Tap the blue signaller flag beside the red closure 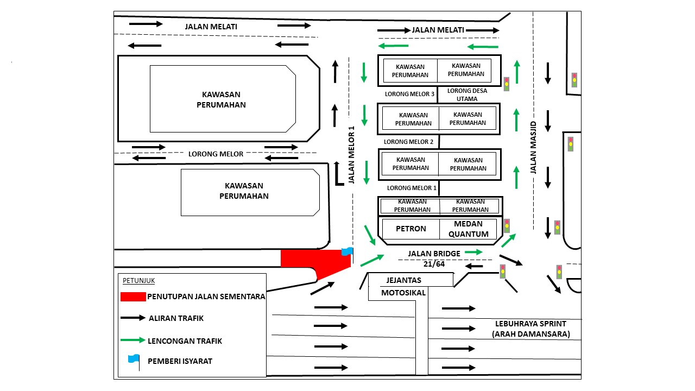pyautogui.click(x=347, y=251)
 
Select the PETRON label pyautogui.click(x=410, y=229)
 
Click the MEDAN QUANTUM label pyautogui.click(x=467, y=229)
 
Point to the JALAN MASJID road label pyautogui.click(x=533, y=148)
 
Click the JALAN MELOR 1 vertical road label pyautogui.click(x=351, y=155)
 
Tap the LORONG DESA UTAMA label pyautogui.click(x=467, y=94)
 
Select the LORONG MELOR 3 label pyautogui.click(x=409, y=94)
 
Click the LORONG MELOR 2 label pyautogui.click(x=408, y=142)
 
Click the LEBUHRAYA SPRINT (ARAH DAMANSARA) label pyautogui.click(x=530, y=329)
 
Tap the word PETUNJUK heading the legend pyautogui.click(x=139, y=281)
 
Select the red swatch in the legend pyautogui.click(x=133, y=297)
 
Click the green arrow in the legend pyautogui.click(x=133, y=340)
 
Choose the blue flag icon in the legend pyautogui.click(x=134, y=360)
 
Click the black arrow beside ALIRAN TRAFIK pyautogui.click(x=133, y=318)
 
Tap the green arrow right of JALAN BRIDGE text pyautogui.click(x=473, y=252)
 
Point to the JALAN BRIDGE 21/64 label pyautogui.click(x=434, y=258)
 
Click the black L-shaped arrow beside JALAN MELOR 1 pyautogui.click(x=339, y=174)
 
